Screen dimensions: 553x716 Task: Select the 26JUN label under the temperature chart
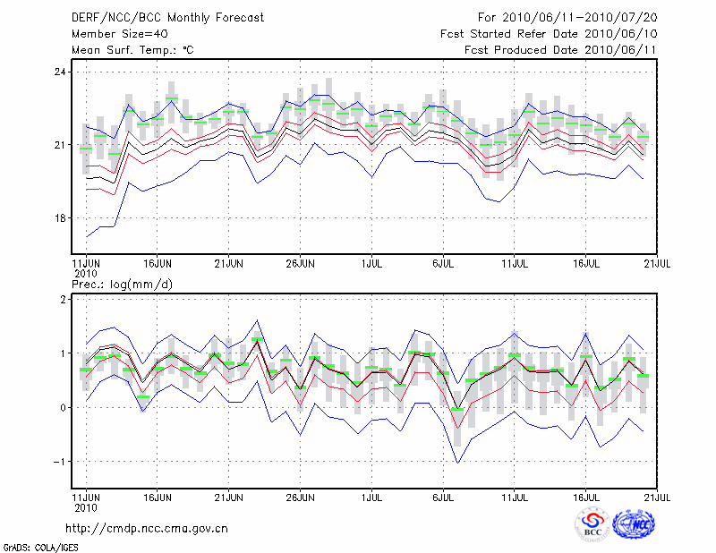301,264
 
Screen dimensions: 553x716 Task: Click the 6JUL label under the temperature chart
444,264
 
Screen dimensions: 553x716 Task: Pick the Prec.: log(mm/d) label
123,285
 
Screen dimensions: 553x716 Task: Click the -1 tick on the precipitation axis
59,462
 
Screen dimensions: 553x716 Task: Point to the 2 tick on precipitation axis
63,300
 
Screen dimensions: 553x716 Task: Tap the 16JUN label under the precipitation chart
158,493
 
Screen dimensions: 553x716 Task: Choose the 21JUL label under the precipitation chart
658,493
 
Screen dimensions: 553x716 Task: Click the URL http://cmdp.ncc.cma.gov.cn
147,528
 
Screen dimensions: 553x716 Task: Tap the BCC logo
592,524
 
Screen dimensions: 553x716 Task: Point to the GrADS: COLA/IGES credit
39,546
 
